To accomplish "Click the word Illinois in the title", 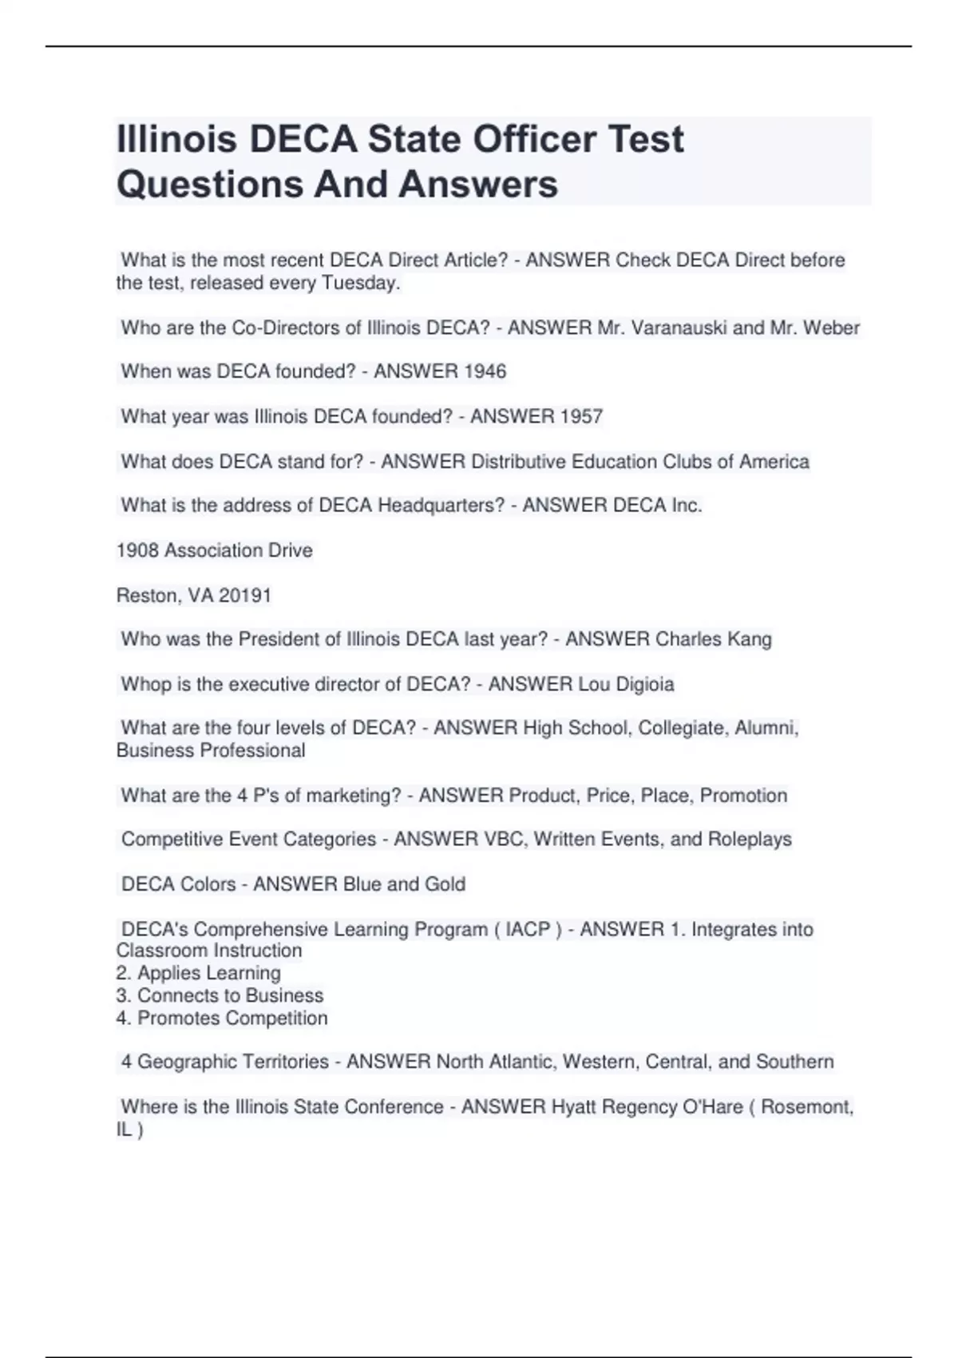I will [x=176, y=139].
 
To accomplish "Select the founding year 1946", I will [x=485, y=371].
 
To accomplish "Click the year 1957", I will [x=581, y=416].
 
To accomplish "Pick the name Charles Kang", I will [x=713, y=639].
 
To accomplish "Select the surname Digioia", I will [x=645, y=685].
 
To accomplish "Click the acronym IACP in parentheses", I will [x=528, y=929].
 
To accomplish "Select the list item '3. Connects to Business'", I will [x=220, y=995].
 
